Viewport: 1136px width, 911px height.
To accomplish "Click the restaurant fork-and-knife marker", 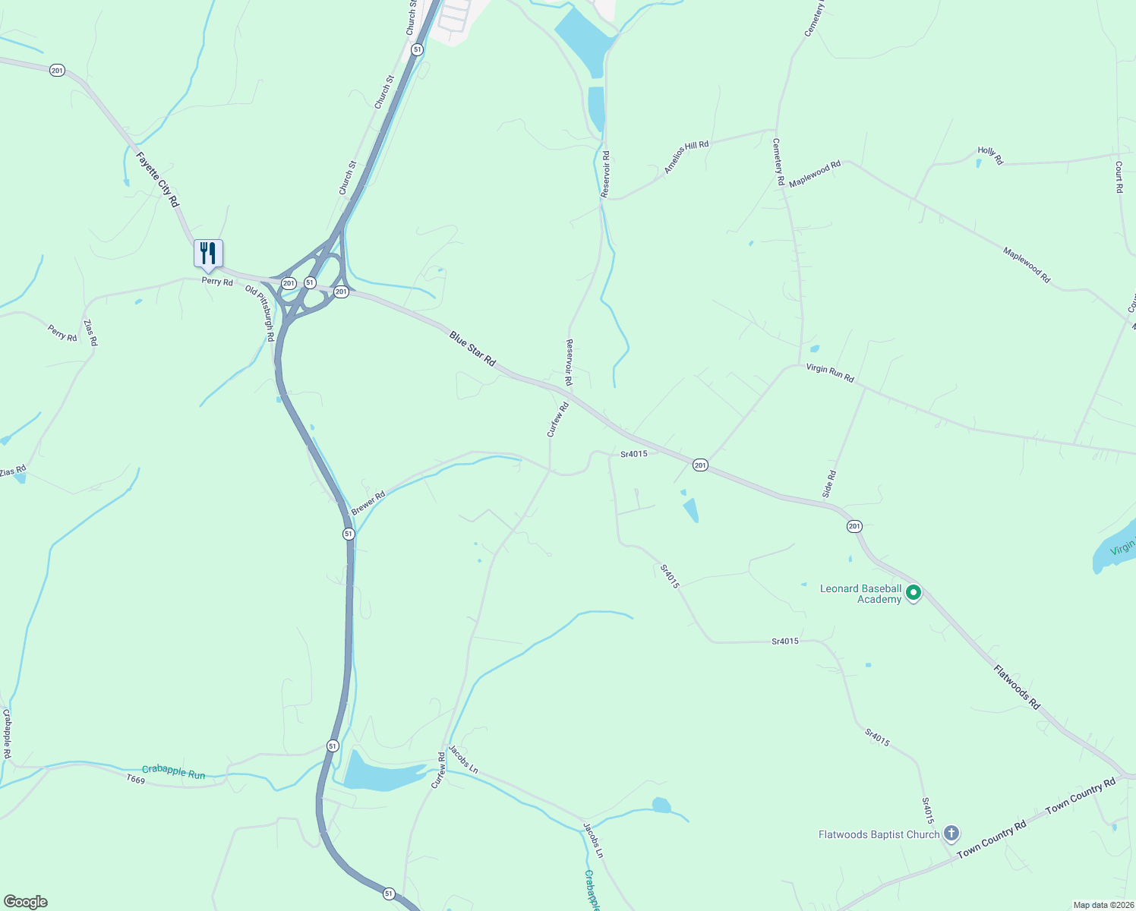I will pos(208,254).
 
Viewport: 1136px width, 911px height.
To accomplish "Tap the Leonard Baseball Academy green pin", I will pos(914,592).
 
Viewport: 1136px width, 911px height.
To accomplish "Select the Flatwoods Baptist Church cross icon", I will pos(951,834).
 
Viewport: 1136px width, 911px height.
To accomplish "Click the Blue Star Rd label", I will pos(472,349).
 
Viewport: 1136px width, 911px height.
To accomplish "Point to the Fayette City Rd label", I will pos(157,180).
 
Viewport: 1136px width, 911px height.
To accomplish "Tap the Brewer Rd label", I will pos(368,503).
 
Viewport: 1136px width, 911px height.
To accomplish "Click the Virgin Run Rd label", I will pos(830,373).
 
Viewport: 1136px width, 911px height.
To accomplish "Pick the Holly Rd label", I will pos(990,156).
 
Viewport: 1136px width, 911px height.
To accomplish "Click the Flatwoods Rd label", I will pos(1017,687).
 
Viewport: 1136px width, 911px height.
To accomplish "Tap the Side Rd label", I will pos(829,484).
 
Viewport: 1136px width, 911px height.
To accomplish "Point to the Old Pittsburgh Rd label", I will pos(260,313).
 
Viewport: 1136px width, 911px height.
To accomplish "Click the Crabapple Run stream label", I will pos(173,771).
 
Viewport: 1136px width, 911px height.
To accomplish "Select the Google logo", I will pos(25,902).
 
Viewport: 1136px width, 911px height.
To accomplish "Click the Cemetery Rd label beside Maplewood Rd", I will pos(778,162).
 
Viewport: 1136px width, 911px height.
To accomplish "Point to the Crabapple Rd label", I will pos(7,734).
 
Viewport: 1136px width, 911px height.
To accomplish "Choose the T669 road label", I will pos(135,780).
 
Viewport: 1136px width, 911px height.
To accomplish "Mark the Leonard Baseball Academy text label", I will pos(860,594).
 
